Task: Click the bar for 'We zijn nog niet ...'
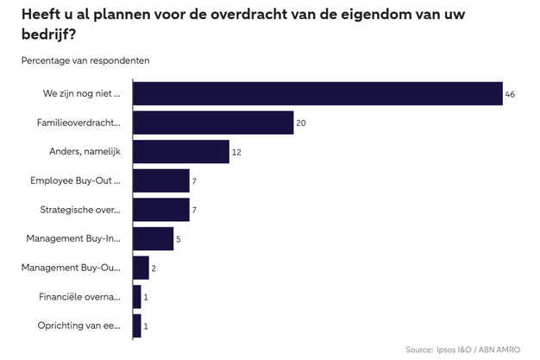click(x=317, y=93)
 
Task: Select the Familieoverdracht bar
click(x=213, y=123)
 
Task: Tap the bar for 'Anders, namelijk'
click(x=181, y=152)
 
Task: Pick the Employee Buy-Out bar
click(x=161, y=180)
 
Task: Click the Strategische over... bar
click(x=161, y=210)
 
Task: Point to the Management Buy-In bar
click(x=154, y=239)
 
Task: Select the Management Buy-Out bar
click(x=141, y=268)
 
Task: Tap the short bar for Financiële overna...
click(x=137, y=297)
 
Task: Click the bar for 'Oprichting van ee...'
click(x=137, y=326)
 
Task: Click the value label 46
click(x=510, y=93)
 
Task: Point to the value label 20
click(x=301, y=123)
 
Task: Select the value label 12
click(x=236, y=152)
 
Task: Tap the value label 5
click(x=179, y=239)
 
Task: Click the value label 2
click(x=154, y=268)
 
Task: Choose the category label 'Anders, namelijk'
click(x=84, y=152)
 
